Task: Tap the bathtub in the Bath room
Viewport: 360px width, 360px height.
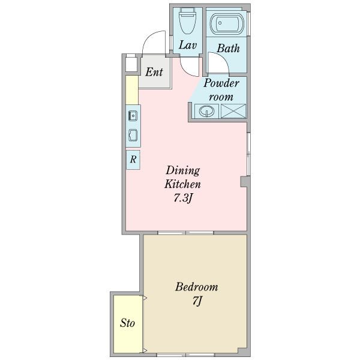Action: coord(226,23)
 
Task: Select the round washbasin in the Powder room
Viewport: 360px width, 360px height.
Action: coord(206,111)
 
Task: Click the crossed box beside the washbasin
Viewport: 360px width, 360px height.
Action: coord(233,111)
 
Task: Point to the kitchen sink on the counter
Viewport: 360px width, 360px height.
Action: coord(133,115)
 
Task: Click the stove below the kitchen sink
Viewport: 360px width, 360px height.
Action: coord(133,135)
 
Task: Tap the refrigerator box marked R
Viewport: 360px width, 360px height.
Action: coord(133,160)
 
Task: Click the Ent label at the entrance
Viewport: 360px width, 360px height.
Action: coord(154,72)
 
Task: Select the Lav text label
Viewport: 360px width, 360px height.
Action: coord(188,45)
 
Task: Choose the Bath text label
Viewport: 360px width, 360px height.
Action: coord(228,48)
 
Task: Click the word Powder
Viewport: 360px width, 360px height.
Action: coord(221,83)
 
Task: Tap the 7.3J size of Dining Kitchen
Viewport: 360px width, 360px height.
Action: coord(182,197)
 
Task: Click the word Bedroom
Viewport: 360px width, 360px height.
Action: coord(197,287)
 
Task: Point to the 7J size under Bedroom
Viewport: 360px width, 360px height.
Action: coord(197,301)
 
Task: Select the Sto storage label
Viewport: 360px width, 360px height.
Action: coord(127,323)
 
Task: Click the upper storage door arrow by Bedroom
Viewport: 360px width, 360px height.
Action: coord(145,298)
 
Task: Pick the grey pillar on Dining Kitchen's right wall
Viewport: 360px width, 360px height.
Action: coord(244,181)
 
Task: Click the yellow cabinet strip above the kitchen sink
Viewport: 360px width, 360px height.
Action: coord(132,90)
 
